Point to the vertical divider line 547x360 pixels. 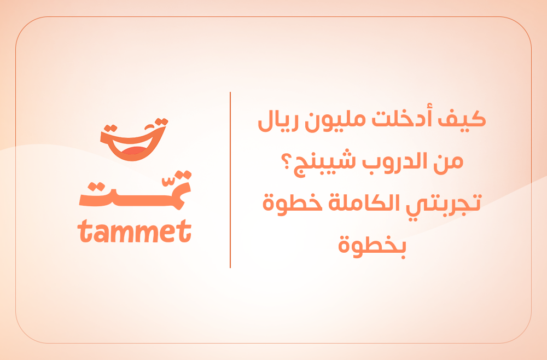click(230, 180)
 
